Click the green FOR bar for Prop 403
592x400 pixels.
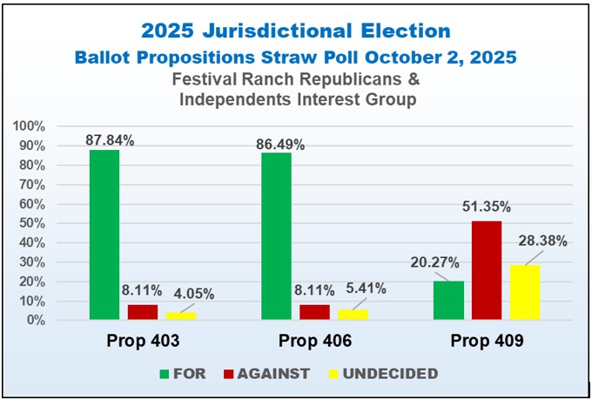tap(104, 235)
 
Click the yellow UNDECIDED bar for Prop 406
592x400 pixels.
tap(353, 315)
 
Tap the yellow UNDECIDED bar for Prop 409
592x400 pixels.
tap(525, 293)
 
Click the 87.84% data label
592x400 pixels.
tap(110, 139)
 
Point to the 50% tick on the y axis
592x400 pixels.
tap(31, 224)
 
